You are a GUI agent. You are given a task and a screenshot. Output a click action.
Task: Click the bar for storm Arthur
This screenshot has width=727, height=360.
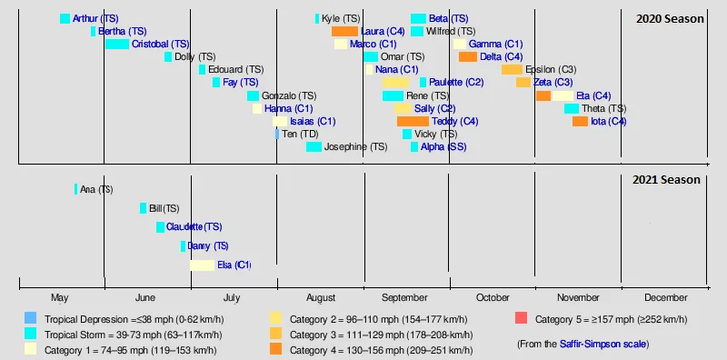65,19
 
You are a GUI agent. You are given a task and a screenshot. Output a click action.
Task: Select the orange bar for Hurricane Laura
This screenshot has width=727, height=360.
344,32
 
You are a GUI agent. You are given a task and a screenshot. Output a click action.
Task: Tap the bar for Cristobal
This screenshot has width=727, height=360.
116,45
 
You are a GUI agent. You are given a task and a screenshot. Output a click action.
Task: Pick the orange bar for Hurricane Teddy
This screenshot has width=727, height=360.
413,122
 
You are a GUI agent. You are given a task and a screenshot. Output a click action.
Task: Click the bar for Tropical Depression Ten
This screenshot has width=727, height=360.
277,135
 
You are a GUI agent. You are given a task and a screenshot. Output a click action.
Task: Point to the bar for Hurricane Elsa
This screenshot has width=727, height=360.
202,265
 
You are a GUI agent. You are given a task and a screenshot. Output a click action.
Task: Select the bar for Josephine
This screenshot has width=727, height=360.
314,147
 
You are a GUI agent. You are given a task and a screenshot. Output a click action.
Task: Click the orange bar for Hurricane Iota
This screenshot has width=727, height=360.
580,122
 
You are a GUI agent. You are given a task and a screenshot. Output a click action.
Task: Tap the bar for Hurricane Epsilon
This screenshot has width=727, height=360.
512,70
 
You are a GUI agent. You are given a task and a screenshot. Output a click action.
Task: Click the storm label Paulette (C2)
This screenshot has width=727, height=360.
456,83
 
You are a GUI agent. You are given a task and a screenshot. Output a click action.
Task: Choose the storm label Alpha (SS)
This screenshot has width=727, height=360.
443,147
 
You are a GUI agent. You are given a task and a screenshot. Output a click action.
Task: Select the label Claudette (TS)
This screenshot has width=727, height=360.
194,227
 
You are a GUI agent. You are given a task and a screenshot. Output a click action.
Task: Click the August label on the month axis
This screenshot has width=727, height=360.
321,298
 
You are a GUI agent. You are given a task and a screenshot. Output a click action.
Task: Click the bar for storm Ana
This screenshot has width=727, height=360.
75,189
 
